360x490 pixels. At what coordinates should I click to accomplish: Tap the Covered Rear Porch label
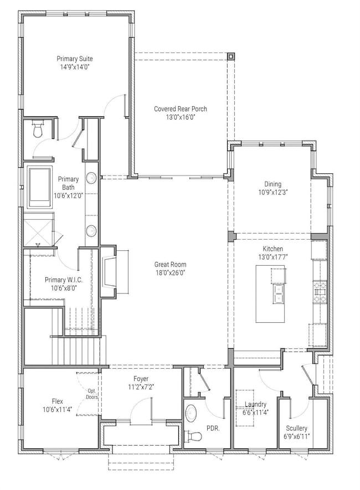point(181,109)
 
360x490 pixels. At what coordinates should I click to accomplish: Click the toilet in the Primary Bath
point(38,130)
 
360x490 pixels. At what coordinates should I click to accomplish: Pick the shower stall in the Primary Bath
point(39,228)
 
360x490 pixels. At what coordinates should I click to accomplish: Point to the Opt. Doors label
point(92,394)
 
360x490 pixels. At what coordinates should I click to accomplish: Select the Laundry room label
point(256,404)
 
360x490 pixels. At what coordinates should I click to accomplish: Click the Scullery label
point(296,428)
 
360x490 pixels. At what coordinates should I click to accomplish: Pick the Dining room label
point(273,184)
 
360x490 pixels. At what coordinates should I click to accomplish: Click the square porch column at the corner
point(231,56)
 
